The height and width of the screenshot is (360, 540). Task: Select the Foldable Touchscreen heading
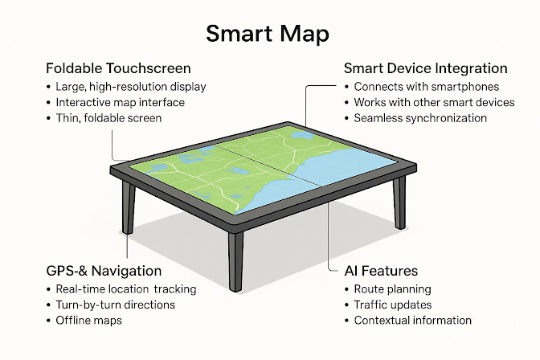click(118, 68)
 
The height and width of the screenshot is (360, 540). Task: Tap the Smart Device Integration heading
click(425, 68)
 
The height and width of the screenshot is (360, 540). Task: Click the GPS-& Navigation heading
click(104, 271)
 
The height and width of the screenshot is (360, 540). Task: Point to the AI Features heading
click(381, 271)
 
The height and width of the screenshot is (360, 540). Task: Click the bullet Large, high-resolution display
click(131, 87)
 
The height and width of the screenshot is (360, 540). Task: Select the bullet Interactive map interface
click(120, 102)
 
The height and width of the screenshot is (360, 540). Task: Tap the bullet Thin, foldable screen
click(108, 117)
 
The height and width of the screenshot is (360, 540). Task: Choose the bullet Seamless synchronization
click(420, 117)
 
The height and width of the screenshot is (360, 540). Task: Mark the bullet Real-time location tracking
click(125, 289)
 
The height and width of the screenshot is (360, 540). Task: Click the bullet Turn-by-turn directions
click(115, 305)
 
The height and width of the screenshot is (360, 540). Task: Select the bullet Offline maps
click(89, 320)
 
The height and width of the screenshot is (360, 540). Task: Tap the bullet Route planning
click(393, 289)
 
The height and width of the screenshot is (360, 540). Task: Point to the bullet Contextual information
click(412, 320)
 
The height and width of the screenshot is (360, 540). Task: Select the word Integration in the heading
click(469, 68)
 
